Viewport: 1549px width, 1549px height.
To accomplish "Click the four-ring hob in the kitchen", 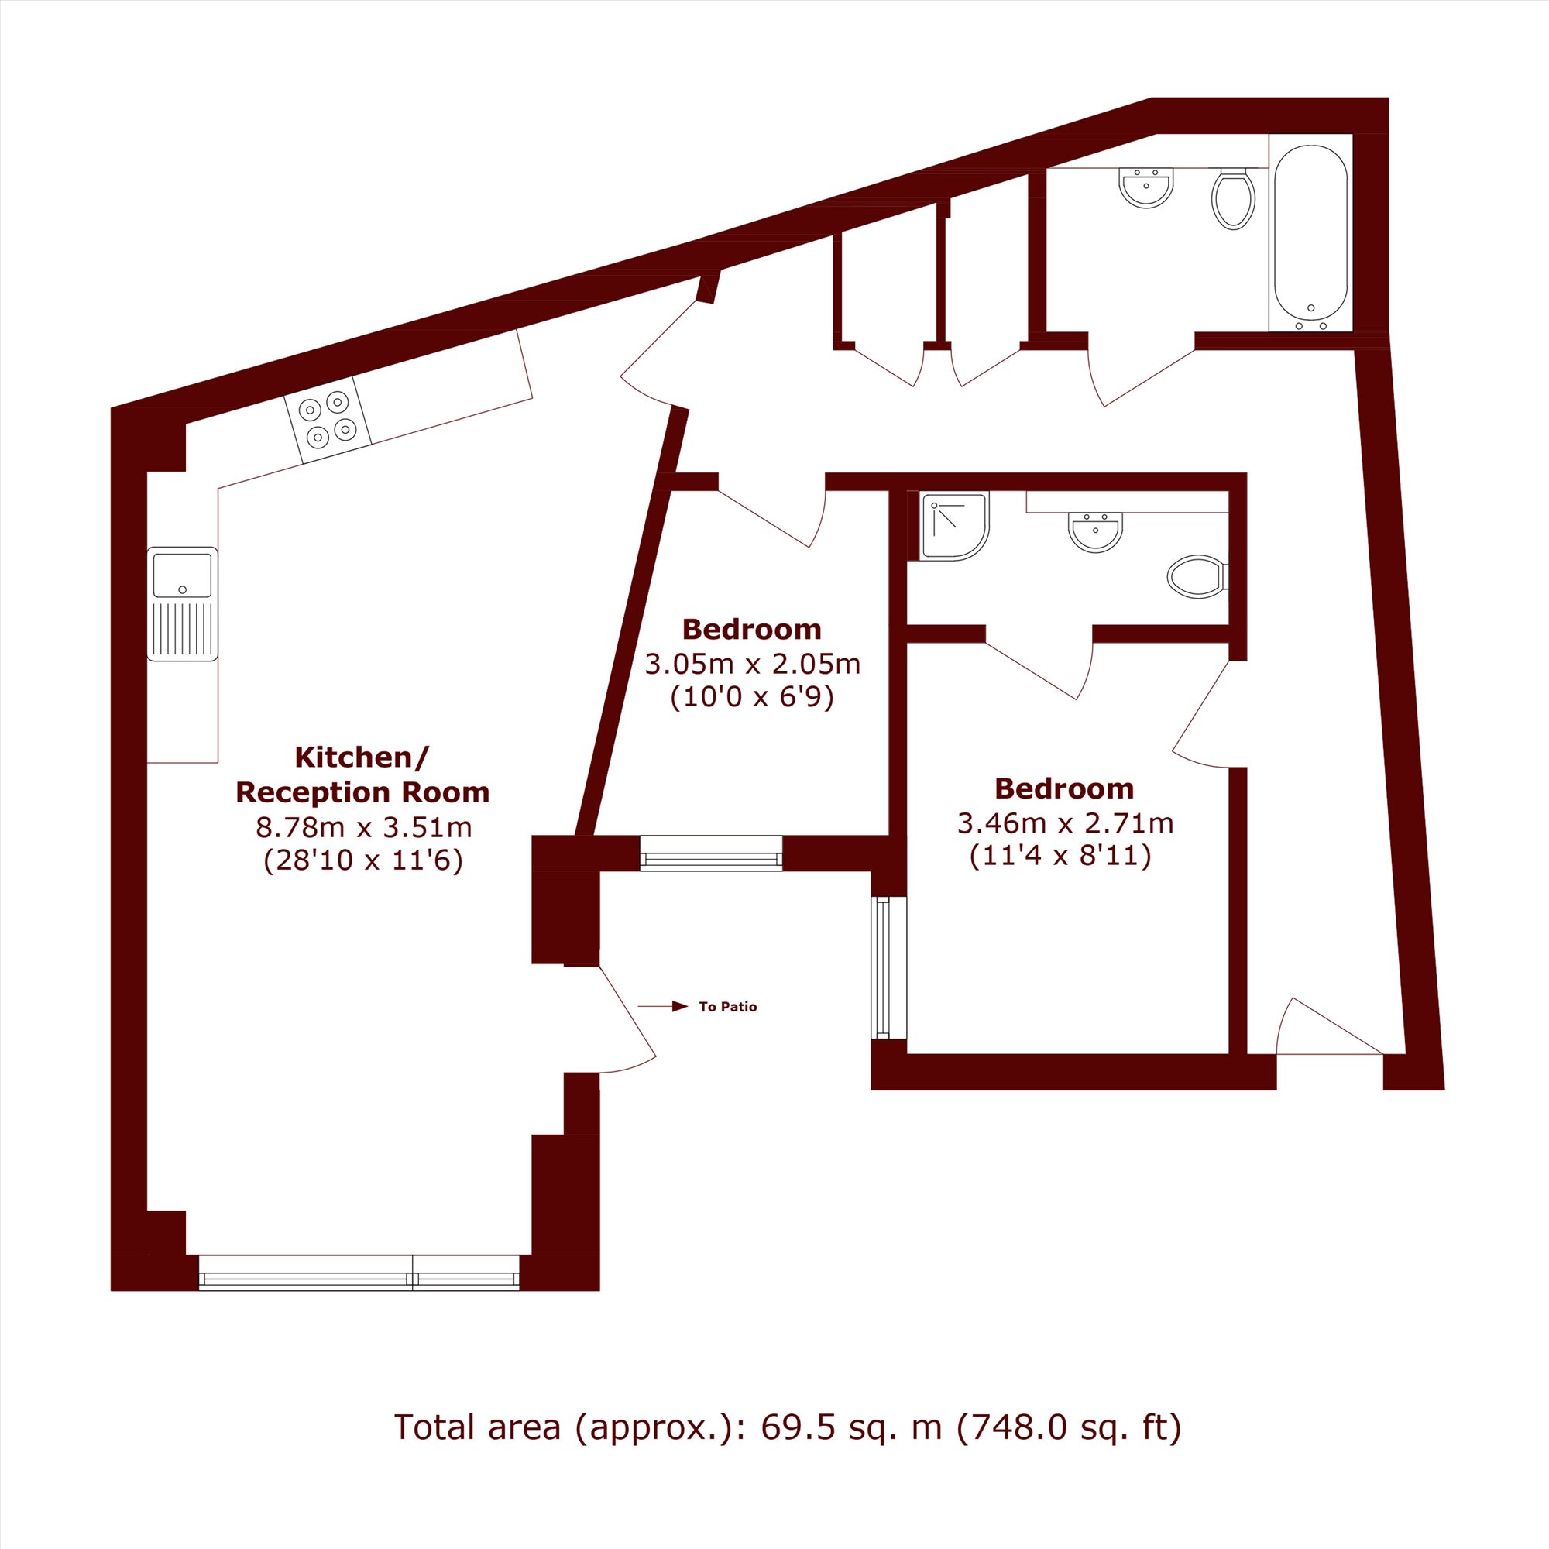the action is coord(327,420).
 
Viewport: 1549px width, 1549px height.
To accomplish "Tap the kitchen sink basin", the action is coord(182,574).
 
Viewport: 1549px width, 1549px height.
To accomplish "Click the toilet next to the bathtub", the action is coord(1233,198).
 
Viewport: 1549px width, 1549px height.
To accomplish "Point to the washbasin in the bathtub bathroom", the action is coord(1145,187).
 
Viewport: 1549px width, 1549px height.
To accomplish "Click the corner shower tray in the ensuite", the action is coord(954,526).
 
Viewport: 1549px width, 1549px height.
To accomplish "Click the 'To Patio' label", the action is coord(728,1006).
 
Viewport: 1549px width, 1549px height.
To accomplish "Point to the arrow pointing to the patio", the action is coord(663,1006).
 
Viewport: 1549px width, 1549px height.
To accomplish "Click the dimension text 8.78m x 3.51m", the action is coord(363,826).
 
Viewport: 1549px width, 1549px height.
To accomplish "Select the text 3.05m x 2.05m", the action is coord(752,664).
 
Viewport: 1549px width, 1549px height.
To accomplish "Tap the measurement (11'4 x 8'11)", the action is coord(1060,857).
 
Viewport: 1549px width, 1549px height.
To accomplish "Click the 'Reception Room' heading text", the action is coord(362,792).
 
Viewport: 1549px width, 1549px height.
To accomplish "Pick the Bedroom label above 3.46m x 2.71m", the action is coord(1064,788).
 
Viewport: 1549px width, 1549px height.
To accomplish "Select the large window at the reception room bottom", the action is coord(359,1273).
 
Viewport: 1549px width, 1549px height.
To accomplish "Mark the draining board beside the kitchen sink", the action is coord(182,630).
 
